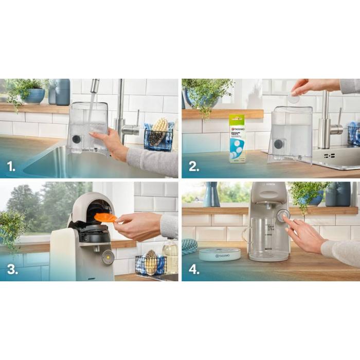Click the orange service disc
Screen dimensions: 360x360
coord(105,218)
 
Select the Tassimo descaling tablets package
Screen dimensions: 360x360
coord(237,138)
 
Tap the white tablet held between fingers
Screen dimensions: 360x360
coord(294,98)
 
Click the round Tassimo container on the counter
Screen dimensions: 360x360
coord(220,255)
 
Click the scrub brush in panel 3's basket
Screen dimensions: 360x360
coord(151,262)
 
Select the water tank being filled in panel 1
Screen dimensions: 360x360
coord(88,127)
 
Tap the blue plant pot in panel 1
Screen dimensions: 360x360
coord(34,96)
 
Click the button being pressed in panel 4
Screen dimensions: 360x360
coord(282,216)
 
